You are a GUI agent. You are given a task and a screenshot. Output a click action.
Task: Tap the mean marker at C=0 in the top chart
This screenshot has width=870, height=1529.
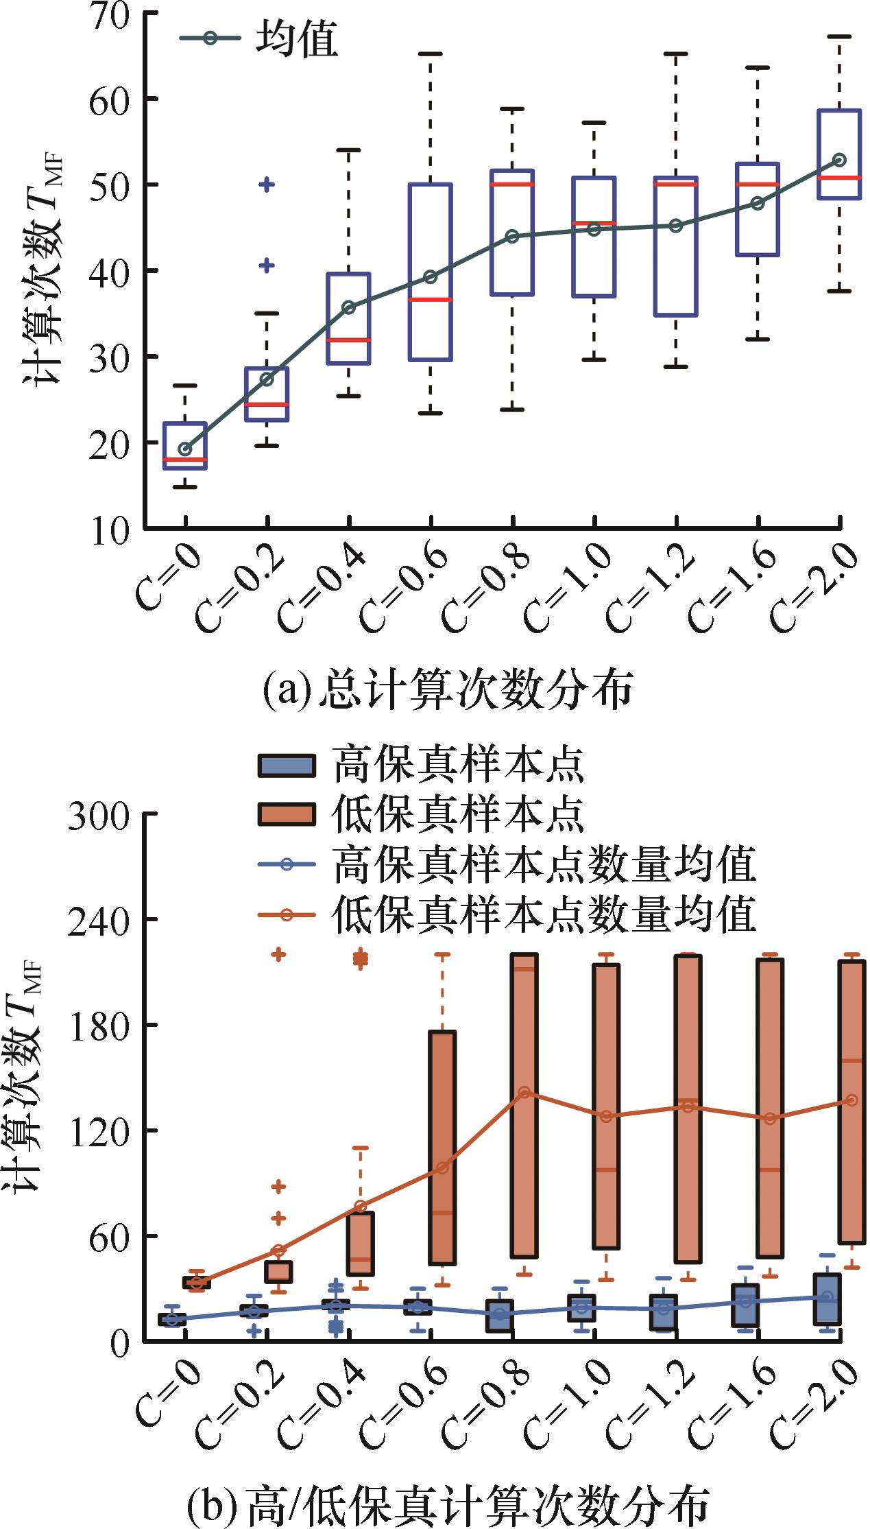point(185,449)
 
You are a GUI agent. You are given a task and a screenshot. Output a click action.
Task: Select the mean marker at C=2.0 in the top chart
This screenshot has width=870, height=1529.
point(839,160)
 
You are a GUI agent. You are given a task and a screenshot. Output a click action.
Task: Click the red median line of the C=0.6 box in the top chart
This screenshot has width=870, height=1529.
point(431,300)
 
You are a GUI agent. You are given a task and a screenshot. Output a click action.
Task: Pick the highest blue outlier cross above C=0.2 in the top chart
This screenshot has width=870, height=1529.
point(267,185)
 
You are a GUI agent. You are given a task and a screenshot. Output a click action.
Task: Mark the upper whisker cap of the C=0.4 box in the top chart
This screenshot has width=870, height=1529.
point(348,150)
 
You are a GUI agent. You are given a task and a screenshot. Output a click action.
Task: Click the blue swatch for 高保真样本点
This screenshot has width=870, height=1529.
point(287,766)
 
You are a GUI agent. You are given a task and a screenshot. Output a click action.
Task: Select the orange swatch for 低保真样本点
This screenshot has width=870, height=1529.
point(287,814)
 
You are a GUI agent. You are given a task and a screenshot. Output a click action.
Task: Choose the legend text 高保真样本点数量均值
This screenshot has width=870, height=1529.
point(544,864)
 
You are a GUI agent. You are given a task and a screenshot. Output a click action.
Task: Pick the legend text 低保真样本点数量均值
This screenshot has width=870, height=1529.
point(544,914)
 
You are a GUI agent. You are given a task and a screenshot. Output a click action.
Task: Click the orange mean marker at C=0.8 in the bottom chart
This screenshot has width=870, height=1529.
point(524,1092)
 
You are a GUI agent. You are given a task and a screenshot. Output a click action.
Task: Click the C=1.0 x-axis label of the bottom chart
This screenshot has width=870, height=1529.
point(569,1406)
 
